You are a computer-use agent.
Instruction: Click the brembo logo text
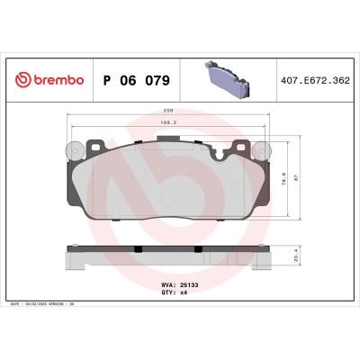(x=57, y=80)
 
